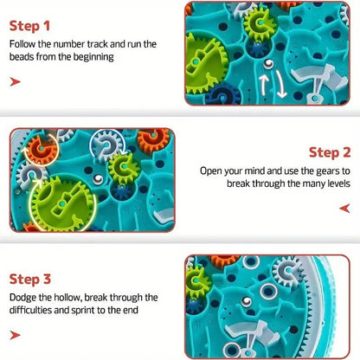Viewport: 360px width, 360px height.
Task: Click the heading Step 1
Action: click(x=29, y=26)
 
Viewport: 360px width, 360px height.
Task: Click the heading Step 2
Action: click(x=330, y=152)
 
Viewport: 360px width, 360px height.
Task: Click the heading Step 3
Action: click(x=30, y=279)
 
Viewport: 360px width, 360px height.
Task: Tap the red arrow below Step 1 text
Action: click(x=15, y=81)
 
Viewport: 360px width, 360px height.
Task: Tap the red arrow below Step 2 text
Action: click(x=344, y=208)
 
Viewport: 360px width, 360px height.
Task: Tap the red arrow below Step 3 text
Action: click(x=15, y=335)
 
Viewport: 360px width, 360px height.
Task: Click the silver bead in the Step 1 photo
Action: click(x=268, y=64)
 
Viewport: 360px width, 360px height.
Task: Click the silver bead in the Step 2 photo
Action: click(x=98, y=179)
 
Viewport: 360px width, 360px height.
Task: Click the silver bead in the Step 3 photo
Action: click(x=247, y=301)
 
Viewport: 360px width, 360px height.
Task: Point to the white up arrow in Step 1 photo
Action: click(x=264, y=84)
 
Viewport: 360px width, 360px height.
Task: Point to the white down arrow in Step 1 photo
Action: click(x=280, y=85)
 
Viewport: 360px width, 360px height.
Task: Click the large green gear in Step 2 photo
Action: click(x=62, y=203)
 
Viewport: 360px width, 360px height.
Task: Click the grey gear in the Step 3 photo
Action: click(x=288, y=271)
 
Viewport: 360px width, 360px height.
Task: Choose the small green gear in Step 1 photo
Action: click(x=260, y=22)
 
